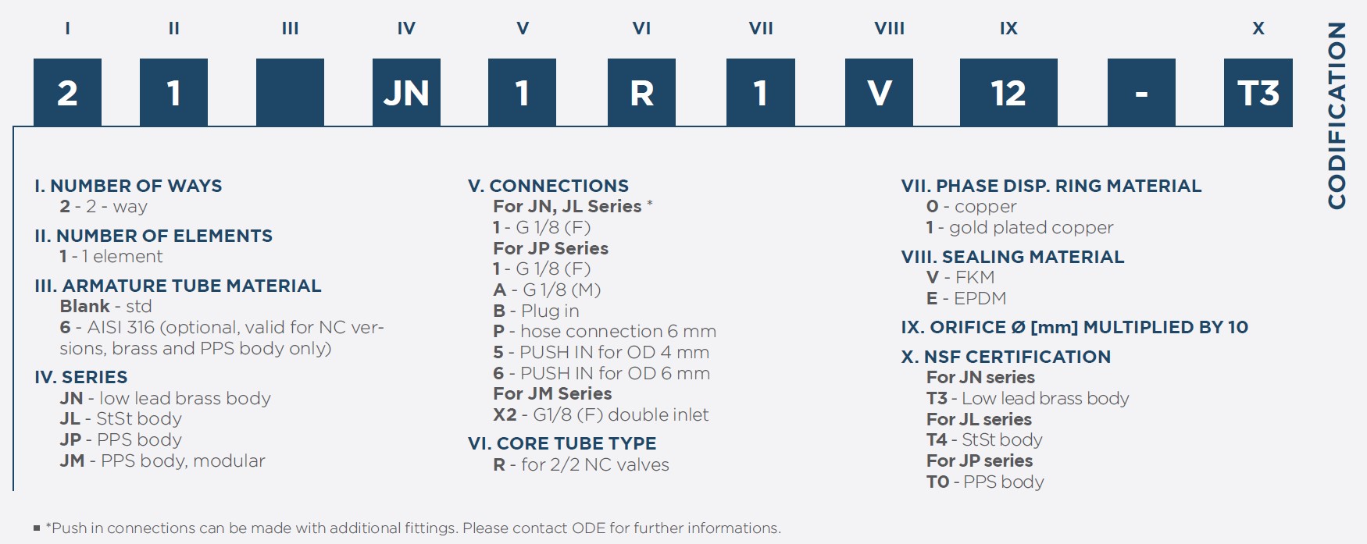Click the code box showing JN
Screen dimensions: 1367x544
406,92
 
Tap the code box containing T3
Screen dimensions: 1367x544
1258,92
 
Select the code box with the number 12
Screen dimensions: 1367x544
1008,92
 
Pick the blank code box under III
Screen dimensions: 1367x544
290,92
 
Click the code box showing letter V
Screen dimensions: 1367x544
879,92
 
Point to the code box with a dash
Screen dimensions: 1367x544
1141,92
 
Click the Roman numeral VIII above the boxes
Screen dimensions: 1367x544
889,29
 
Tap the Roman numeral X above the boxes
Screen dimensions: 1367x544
1258,29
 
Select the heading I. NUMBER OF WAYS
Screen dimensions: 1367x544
128,186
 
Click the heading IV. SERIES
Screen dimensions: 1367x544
81,377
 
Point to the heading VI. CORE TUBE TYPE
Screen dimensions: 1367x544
562,443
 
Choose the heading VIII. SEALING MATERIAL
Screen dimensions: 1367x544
1012,257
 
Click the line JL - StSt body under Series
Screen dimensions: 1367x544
120,419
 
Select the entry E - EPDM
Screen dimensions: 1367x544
966,298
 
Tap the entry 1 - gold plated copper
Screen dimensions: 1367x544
1019,228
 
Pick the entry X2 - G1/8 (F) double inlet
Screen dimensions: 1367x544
601,414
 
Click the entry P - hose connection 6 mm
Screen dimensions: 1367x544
605,332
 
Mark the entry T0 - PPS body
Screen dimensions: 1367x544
985,482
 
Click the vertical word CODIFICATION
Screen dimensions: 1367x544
1337,116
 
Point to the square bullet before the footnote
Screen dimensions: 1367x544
37,528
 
